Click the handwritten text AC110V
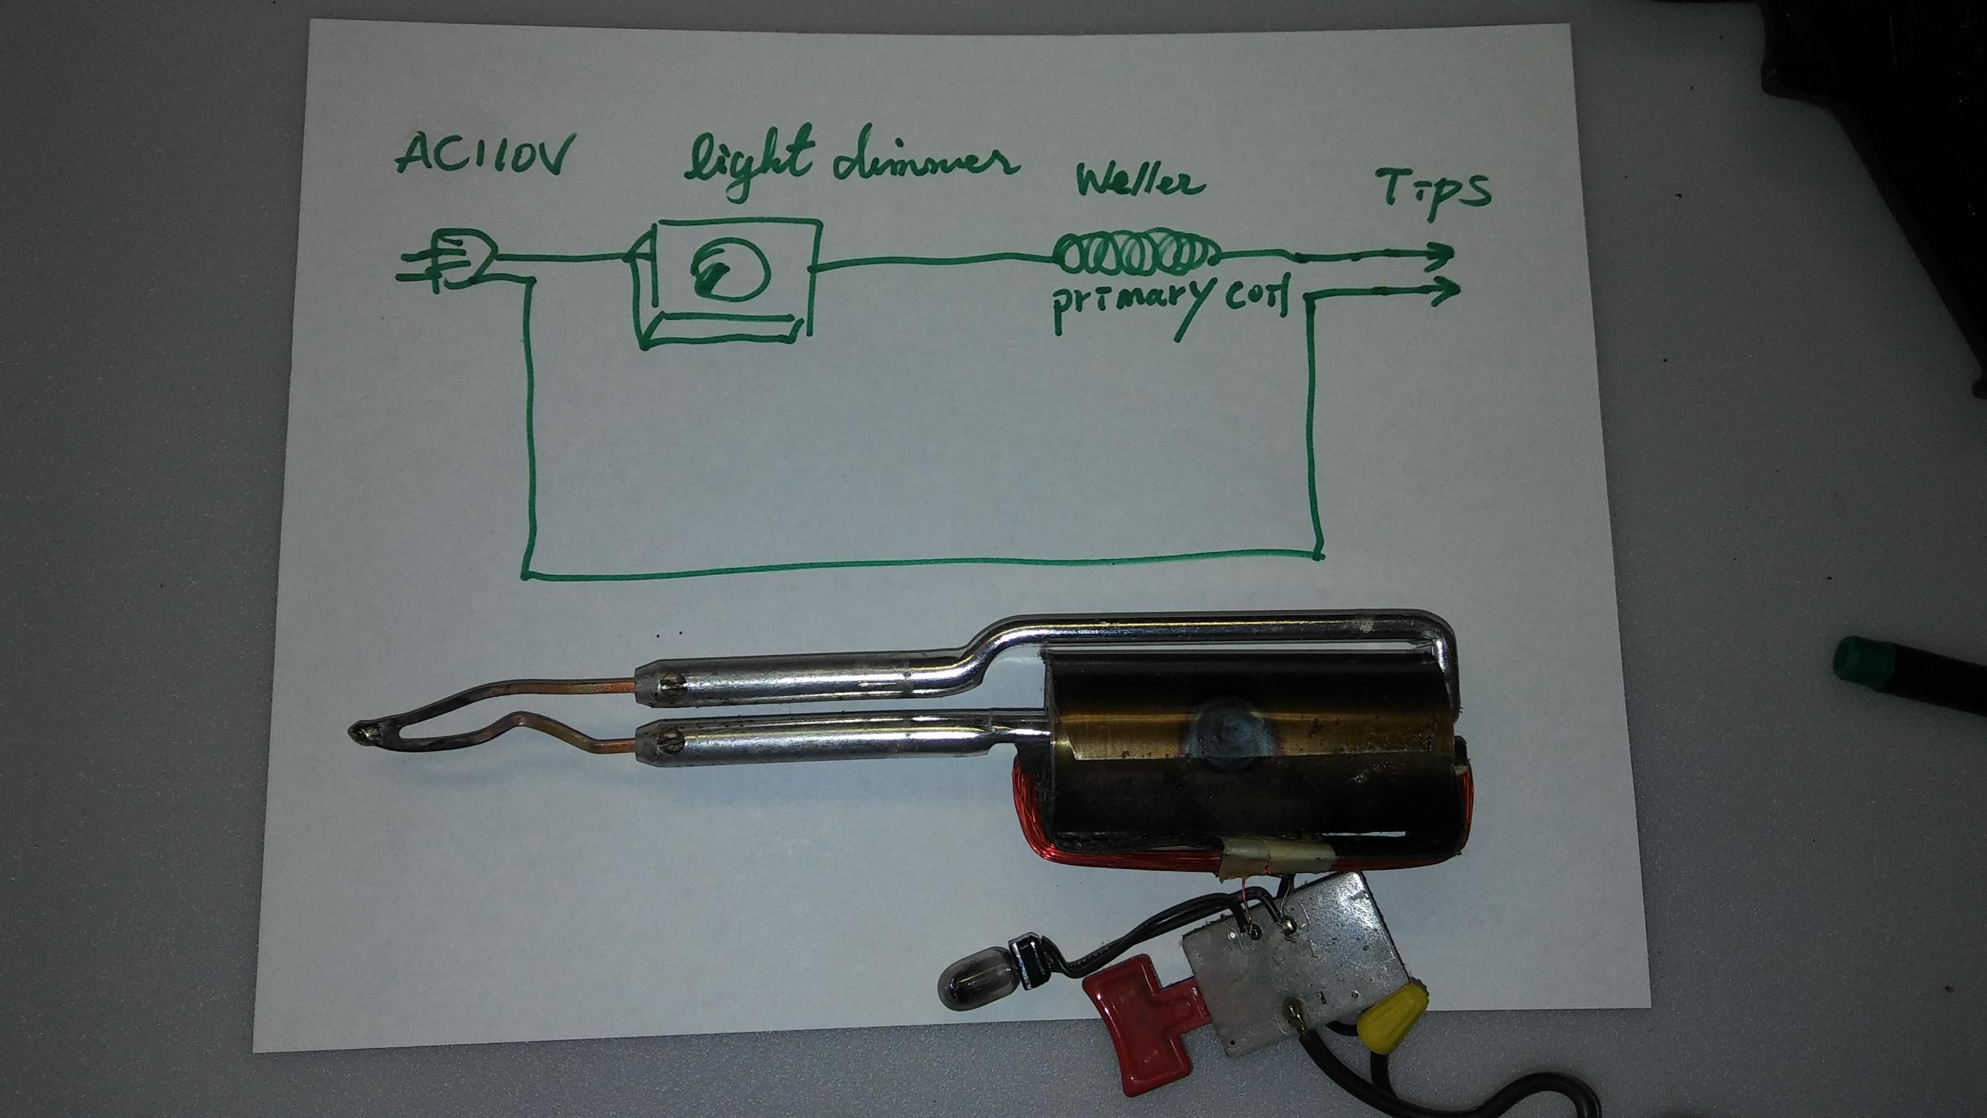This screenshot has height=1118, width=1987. [x=484, y=155]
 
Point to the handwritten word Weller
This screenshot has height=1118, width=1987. [x=1140, y=183]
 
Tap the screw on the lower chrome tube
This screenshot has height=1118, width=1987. [x=670, y=745]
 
